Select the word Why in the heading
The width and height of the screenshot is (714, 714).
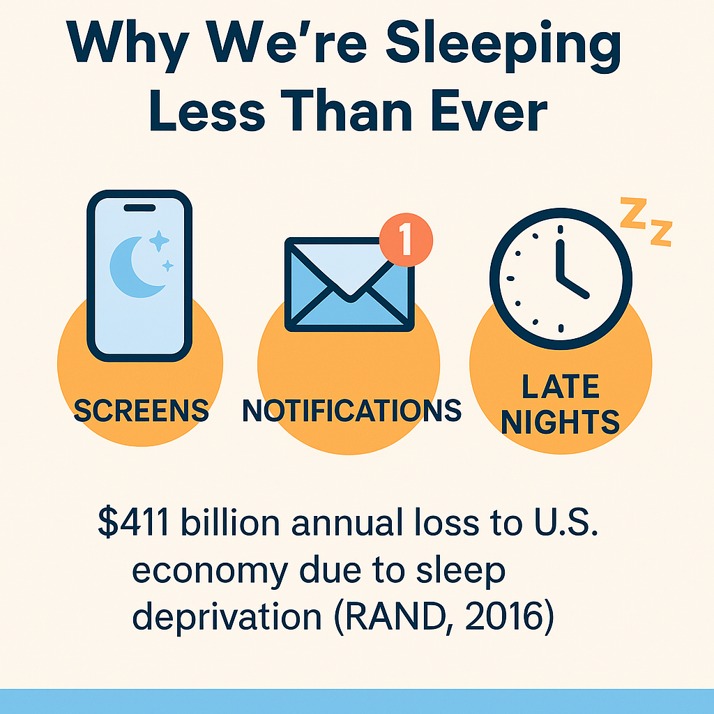pos(128,45)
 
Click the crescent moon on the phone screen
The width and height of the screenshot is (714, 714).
pos(136,267)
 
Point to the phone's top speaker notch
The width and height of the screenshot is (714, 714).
pos(139,208)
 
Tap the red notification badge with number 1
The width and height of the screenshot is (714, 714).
pos(406,240)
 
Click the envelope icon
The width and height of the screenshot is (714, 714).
pos(350,284)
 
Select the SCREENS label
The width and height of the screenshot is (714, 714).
pos(141,410)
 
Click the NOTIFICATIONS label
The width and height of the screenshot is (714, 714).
pos(351,410)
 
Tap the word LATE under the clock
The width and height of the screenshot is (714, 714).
pos(560,386)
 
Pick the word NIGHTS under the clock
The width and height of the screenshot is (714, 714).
pos(560,422)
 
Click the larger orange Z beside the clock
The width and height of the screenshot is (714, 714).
pos(634,213)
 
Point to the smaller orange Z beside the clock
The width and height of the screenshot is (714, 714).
pos(661,233)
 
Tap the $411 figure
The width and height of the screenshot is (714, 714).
pos(133,522)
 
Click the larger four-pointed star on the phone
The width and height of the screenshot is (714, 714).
pos(159,241)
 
